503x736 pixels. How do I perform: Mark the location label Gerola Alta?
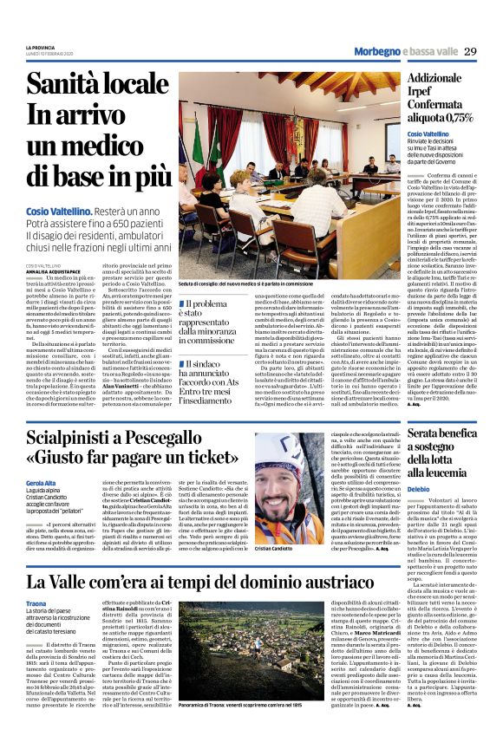tap(42, 483)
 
